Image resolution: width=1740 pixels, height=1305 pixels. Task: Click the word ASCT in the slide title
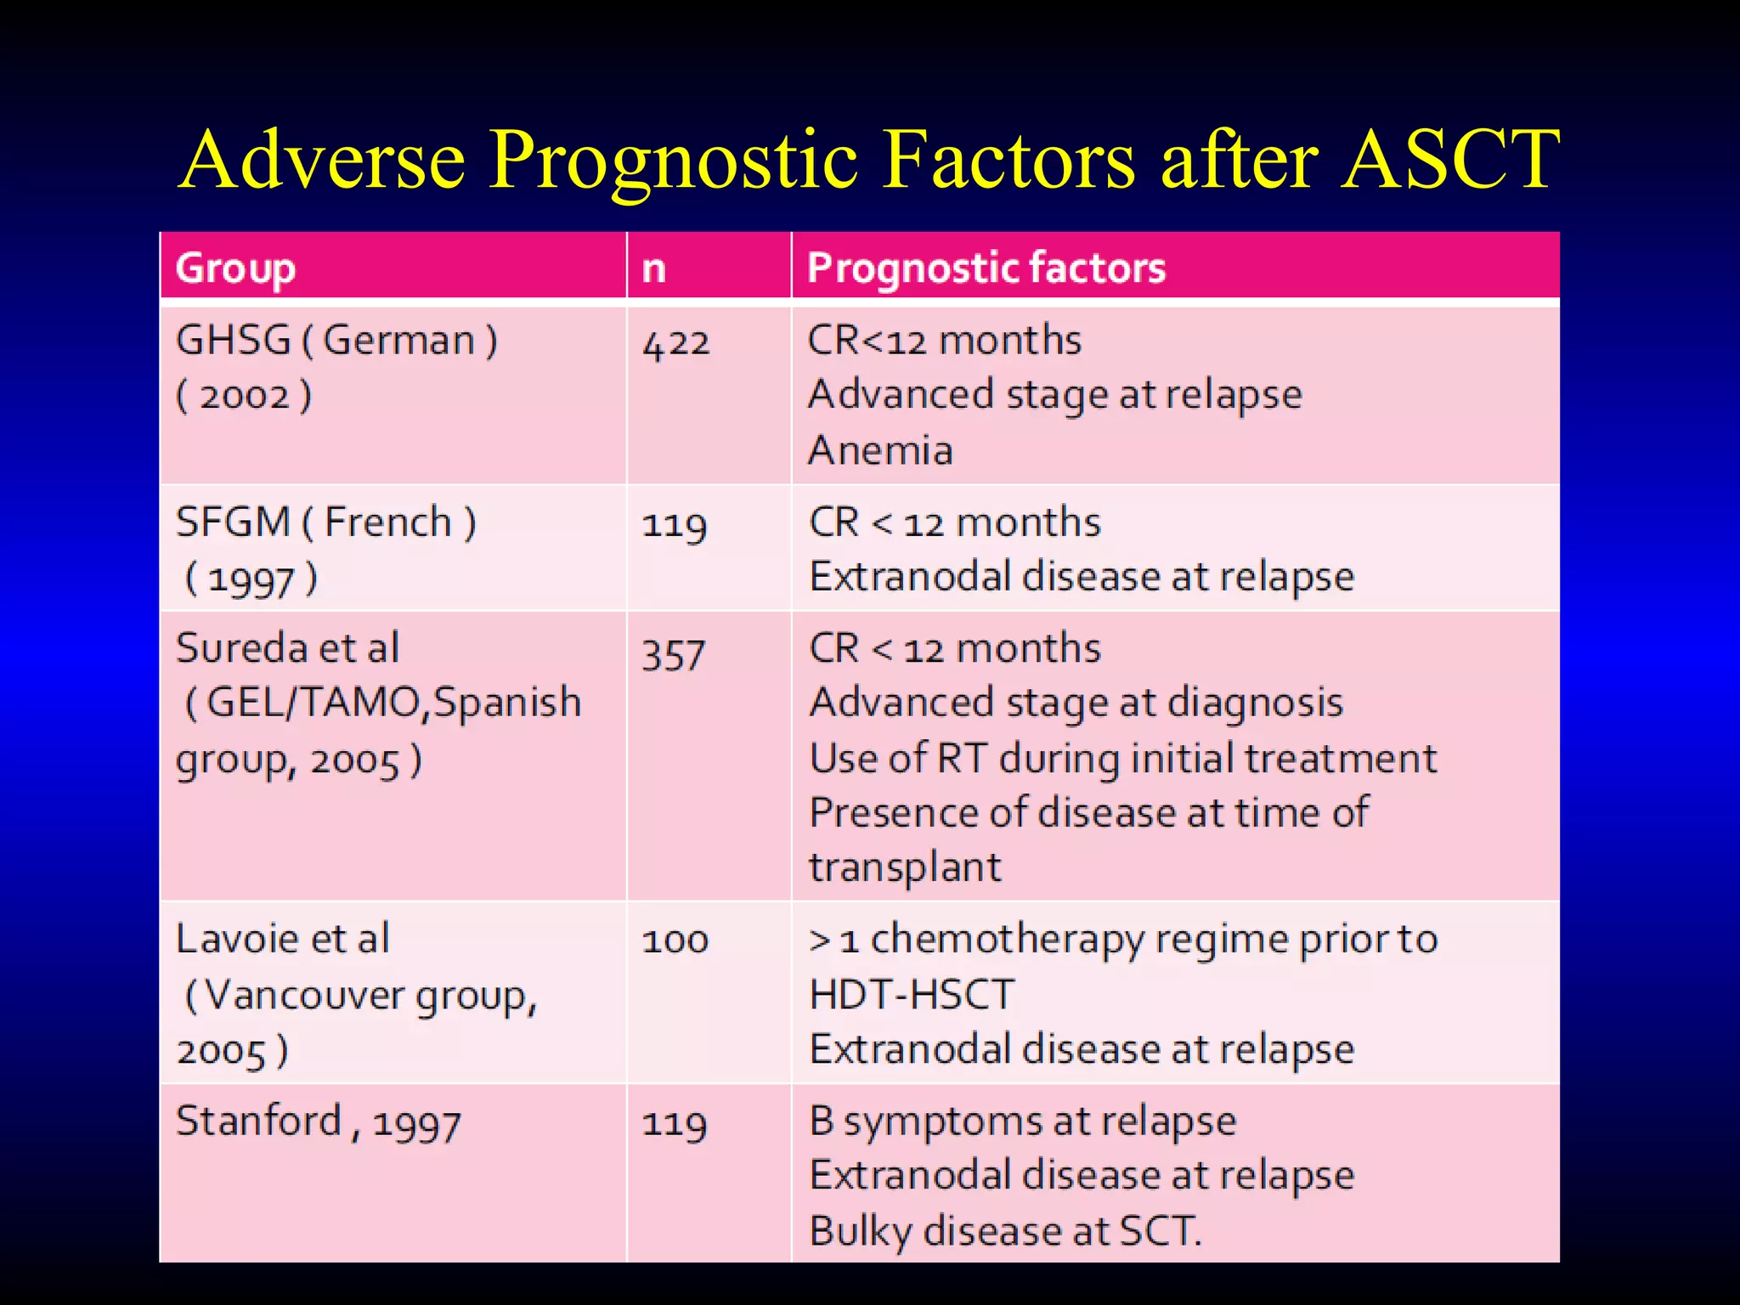tap(1450, 160)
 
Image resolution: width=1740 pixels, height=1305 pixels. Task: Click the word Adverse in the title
tap(324, 160)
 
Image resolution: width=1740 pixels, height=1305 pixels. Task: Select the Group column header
tap(235, 268)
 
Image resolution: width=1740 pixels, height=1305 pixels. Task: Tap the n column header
tap(653, 268)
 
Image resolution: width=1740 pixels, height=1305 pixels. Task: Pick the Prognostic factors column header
tap(986, 268)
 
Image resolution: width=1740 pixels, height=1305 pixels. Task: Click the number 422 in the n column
tap(675, 344)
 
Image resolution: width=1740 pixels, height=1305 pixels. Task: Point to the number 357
tap(674, 654)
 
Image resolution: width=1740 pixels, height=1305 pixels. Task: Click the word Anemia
tap(881, 450)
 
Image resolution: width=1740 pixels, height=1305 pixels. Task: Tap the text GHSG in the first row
tap(234, 341)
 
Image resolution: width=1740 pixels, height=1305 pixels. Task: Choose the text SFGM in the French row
tap(233, 523)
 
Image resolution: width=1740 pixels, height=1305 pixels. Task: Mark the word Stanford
tap(258, 1121)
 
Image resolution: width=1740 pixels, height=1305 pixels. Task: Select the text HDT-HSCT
tap(912, 995)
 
